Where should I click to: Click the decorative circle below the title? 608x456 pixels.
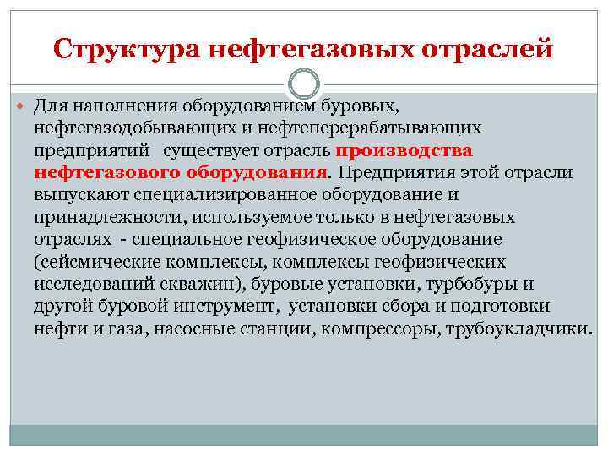tap(304, 84)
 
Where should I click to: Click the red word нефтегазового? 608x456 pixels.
tap(101, 172)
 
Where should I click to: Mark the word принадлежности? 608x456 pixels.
tap(106, 217)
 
